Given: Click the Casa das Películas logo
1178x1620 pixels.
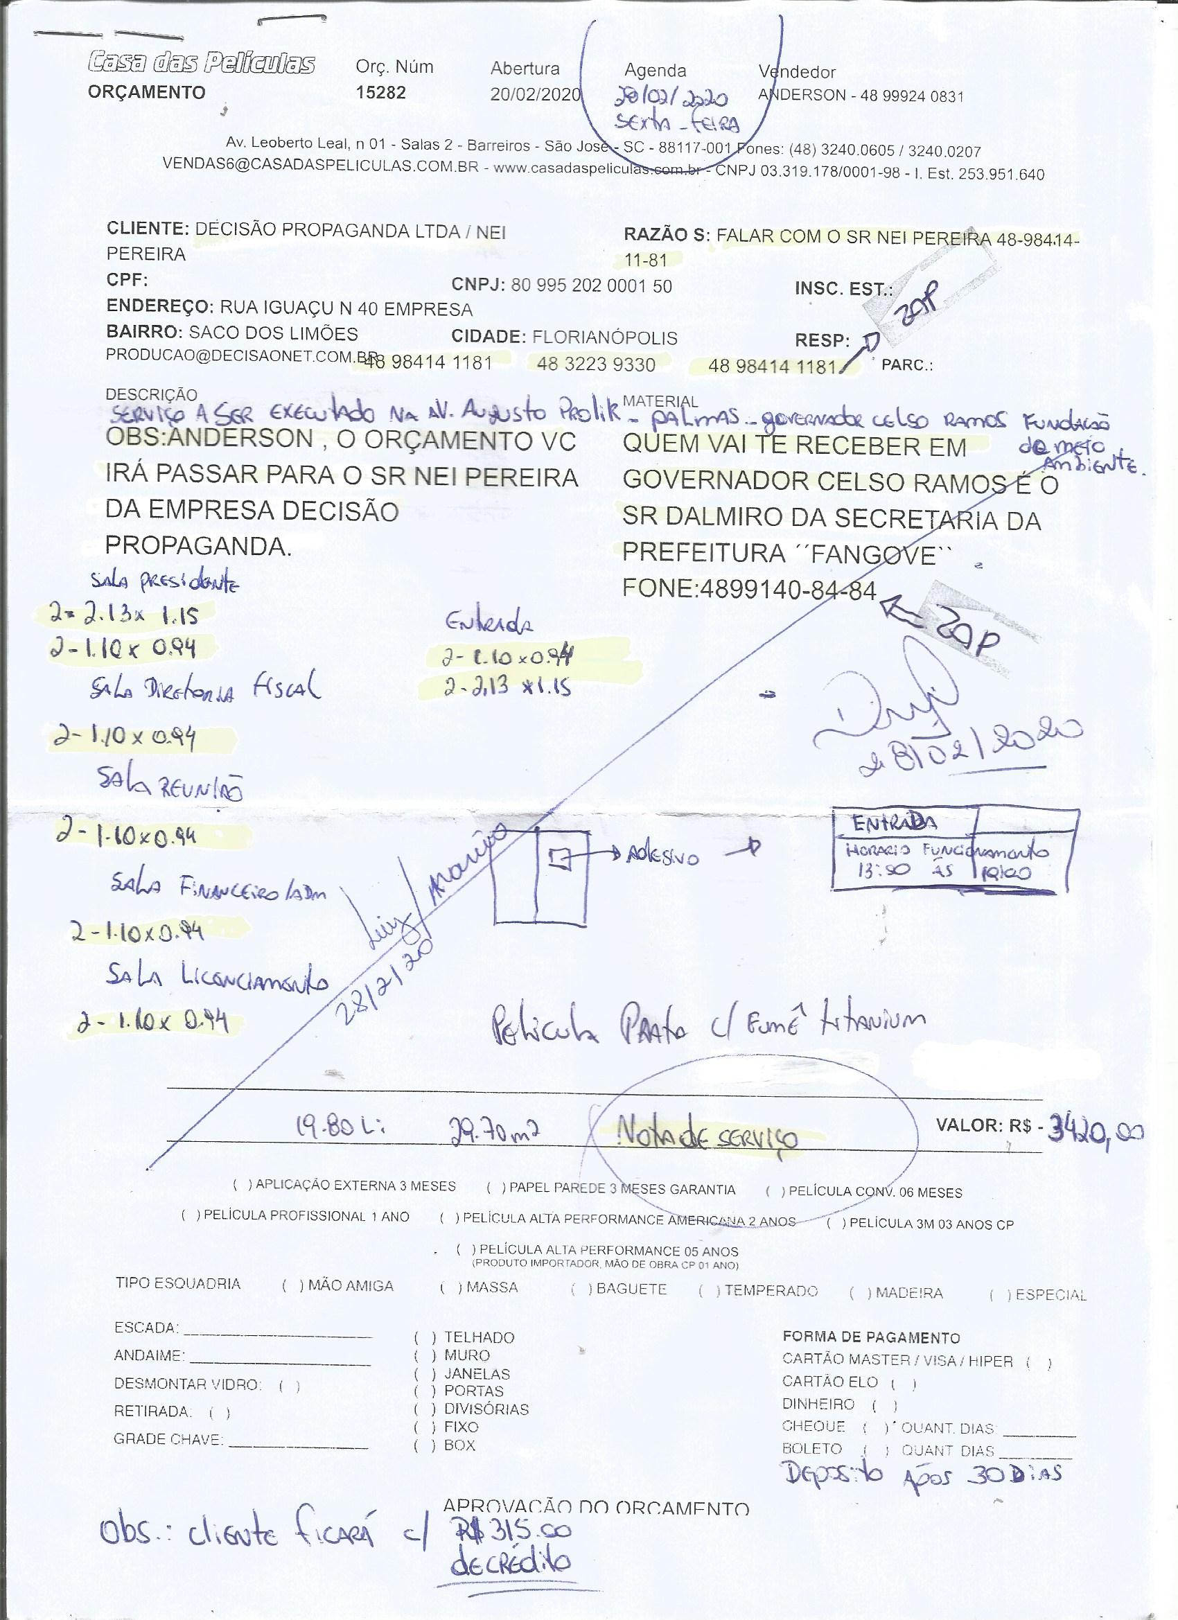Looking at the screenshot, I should coord(202,64).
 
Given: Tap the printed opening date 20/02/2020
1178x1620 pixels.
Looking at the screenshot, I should coord(535,94).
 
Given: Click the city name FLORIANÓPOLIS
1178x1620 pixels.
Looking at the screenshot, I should coord(605,337).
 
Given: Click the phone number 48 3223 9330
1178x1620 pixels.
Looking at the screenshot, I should coord(596,365).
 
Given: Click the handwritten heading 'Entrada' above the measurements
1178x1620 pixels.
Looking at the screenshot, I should coord(489,624).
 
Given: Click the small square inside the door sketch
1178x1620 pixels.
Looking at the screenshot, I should coord(561,858).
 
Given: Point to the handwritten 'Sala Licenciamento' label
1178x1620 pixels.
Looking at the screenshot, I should coord(218,978).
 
